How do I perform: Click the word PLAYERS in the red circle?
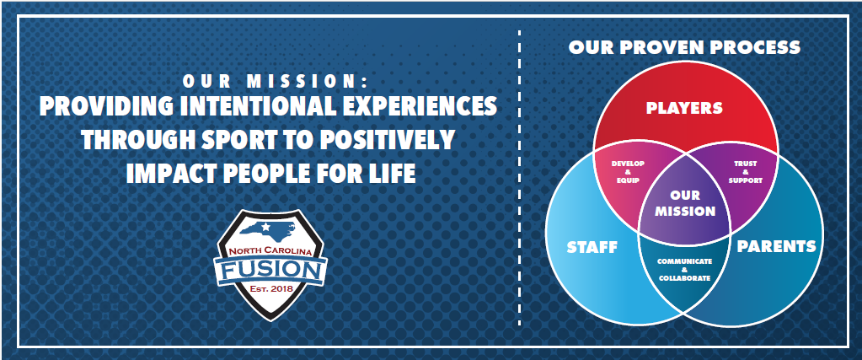684,108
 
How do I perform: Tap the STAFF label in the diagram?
592,247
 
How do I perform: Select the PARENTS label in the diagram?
776,246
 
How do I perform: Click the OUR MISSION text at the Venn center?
685,203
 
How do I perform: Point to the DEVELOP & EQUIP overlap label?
628,172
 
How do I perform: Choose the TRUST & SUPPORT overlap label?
745,172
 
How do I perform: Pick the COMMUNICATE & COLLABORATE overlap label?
684,269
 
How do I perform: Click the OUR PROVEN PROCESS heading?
684,47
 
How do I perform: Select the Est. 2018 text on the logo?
270,289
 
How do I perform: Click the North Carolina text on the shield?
270,252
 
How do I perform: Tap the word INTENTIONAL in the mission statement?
254,106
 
